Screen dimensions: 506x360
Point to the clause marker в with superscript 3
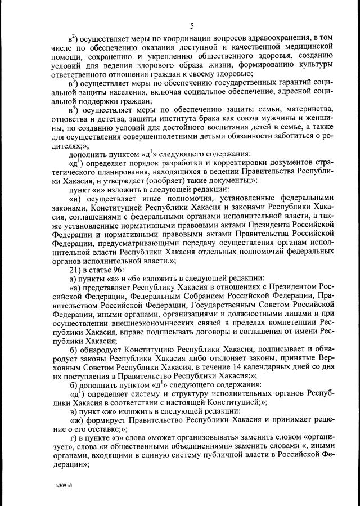tap(72, 84)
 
